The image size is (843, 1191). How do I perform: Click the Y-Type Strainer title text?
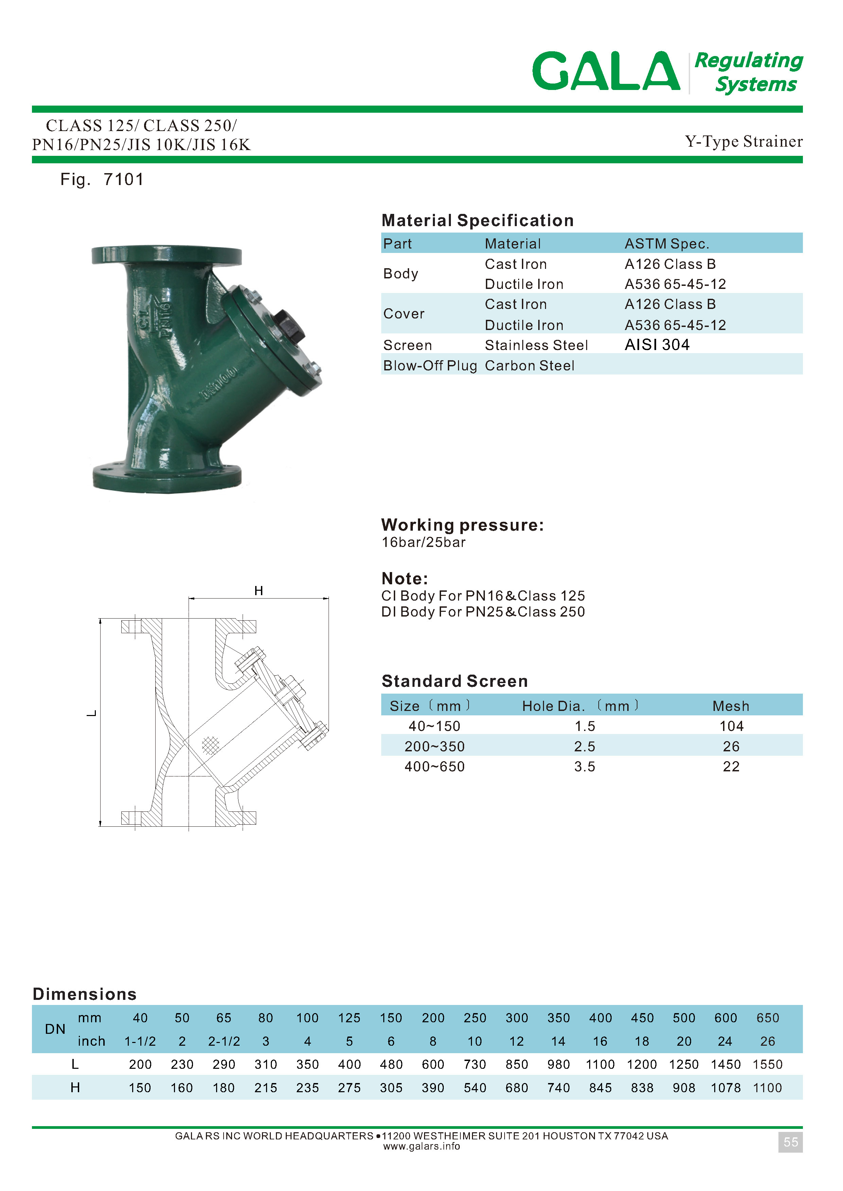743,141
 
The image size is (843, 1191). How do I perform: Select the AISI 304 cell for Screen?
657,345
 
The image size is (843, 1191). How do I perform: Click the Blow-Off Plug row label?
430,366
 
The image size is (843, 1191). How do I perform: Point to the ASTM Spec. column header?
667,244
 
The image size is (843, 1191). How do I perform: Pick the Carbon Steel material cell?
529,366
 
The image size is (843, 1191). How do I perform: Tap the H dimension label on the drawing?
259,591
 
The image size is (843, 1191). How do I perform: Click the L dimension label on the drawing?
92,714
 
